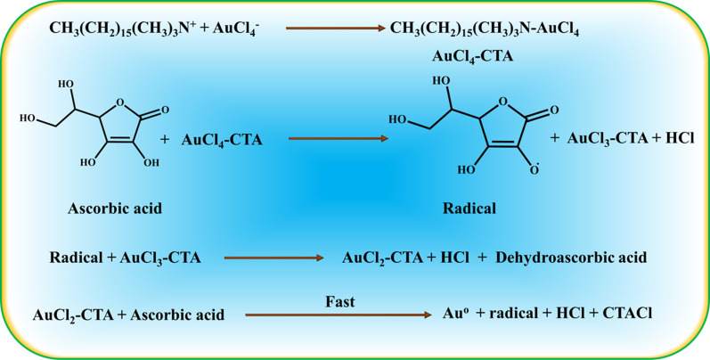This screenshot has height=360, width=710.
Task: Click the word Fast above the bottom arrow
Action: [x=339, y=302]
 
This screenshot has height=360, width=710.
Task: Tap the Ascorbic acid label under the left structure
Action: [x=115, y=209]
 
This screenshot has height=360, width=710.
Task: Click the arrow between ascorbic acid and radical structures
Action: [x=338, y=139]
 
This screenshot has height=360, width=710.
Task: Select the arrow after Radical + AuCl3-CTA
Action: [x=274, y=258]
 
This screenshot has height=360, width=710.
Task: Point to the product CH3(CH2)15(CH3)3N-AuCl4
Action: [x=486, y=29]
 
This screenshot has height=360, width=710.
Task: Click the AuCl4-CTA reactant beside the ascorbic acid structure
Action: [x=222, y=140]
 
